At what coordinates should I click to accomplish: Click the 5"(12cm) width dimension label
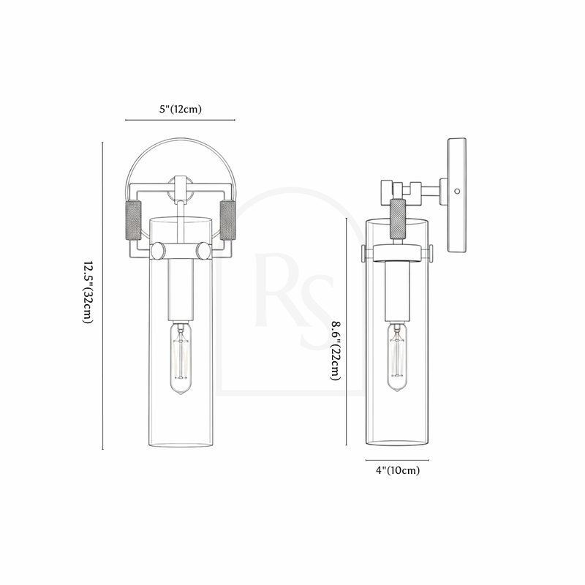pyautogui.click(x=181, y=109)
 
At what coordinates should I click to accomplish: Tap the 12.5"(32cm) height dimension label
pyautogui.click(x=87, y=292)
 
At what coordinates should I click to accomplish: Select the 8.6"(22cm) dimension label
pyautogui.click(x=336, y=351)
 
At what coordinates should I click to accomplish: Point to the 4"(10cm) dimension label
pyautogui.click(x=398, y=470)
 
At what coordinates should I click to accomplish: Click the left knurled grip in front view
pyautogui.click(x=134, y=220)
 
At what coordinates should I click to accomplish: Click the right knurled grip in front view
pyautogui.click(x=227, y=220)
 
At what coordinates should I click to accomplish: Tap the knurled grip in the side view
pyautogui.click(x=398, y=219)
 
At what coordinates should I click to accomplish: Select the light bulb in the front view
pyautogui.click(x=181, y=359)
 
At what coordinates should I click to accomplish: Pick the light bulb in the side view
pyautogui.click(x=397, y=357)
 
